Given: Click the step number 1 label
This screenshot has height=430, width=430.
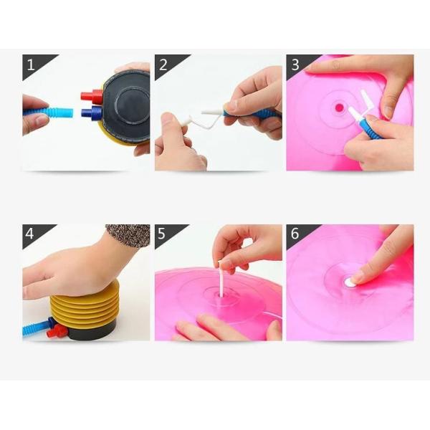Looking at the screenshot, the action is (x=31, y=64).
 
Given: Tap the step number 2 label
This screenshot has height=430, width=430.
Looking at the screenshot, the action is (x=163, y=64).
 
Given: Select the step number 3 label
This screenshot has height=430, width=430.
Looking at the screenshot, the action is (x=295, y=64).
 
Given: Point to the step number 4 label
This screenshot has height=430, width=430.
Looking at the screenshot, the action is (x=29, y=234).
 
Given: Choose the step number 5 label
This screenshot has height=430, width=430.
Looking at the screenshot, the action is (x=161, y=234).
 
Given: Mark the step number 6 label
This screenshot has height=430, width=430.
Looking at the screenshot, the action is (x=295, y=234).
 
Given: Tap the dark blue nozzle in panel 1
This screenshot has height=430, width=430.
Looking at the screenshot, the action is (x=92, y=113).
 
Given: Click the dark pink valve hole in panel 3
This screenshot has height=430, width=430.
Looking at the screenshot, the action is (x=339, y=107).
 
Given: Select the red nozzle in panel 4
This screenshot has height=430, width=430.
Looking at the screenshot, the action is (x=57, y=331).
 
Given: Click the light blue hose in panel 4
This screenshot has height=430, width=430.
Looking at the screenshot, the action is (x=37, y=328).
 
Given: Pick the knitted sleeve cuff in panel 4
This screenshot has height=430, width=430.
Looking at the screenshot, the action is (x=129, y=236).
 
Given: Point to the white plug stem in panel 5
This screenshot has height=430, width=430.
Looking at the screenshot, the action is (x=221, y=279).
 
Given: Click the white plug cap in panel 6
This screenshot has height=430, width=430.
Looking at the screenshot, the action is (x=350, y=282).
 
